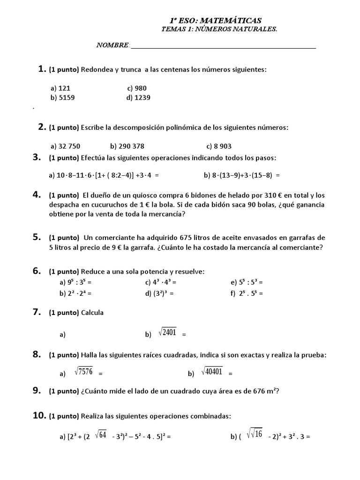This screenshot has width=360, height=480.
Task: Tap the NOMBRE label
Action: point(112,45)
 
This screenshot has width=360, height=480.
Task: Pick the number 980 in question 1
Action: point(140,88)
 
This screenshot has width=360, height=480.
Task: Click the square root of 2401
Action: point(167,332)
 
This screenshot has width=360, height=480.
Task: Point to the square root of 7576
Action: point(83,372)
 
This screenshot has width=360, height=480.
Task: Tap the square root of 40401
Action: point(212,371)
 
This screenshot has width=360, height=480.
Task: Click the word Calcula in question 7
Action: point(92,313)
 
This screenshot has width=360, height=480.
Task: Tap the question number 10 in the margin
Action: point(39,415)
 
